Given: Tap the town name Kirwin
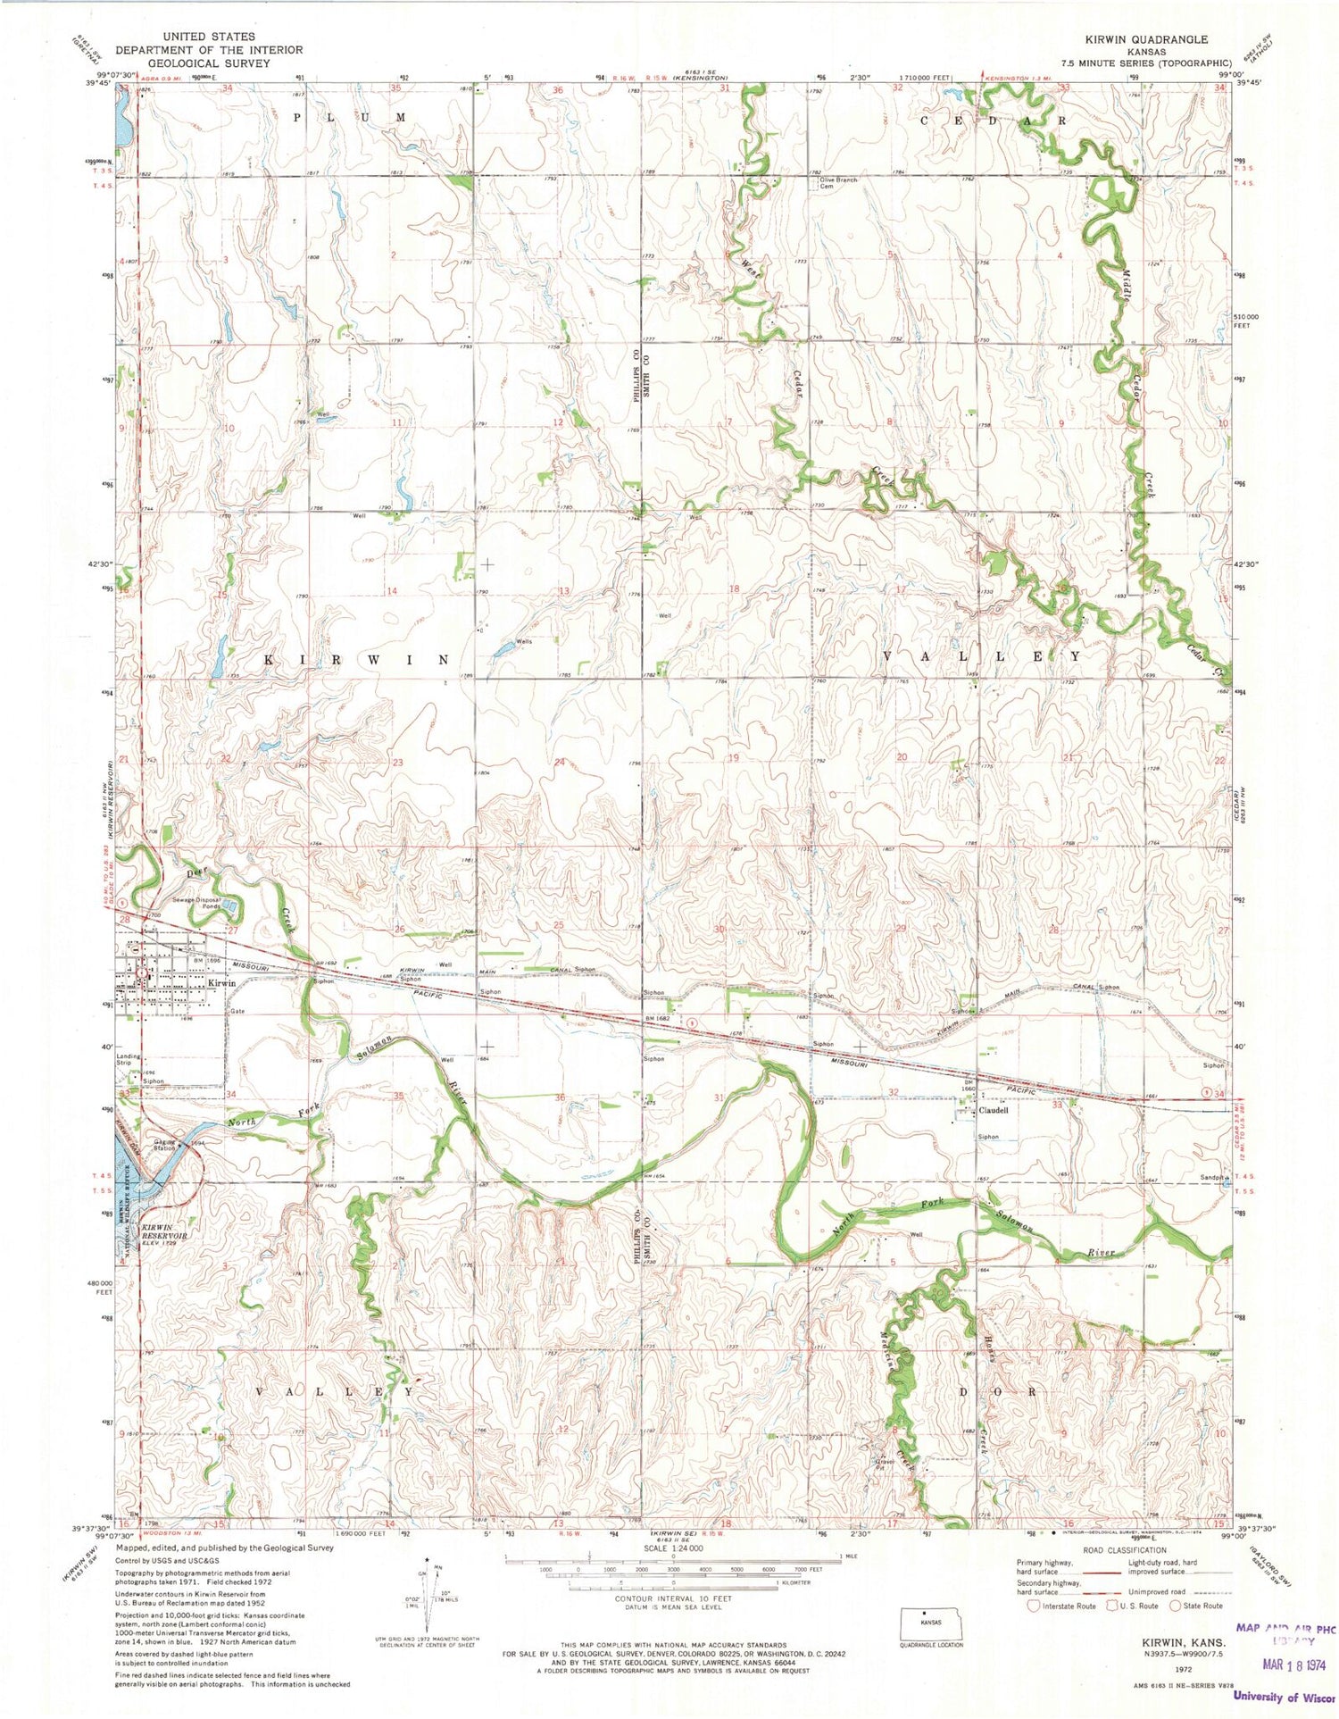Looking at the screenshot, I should tap(221, 982).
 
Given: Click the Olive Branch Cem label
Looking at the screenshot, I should tap(837, 182).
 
